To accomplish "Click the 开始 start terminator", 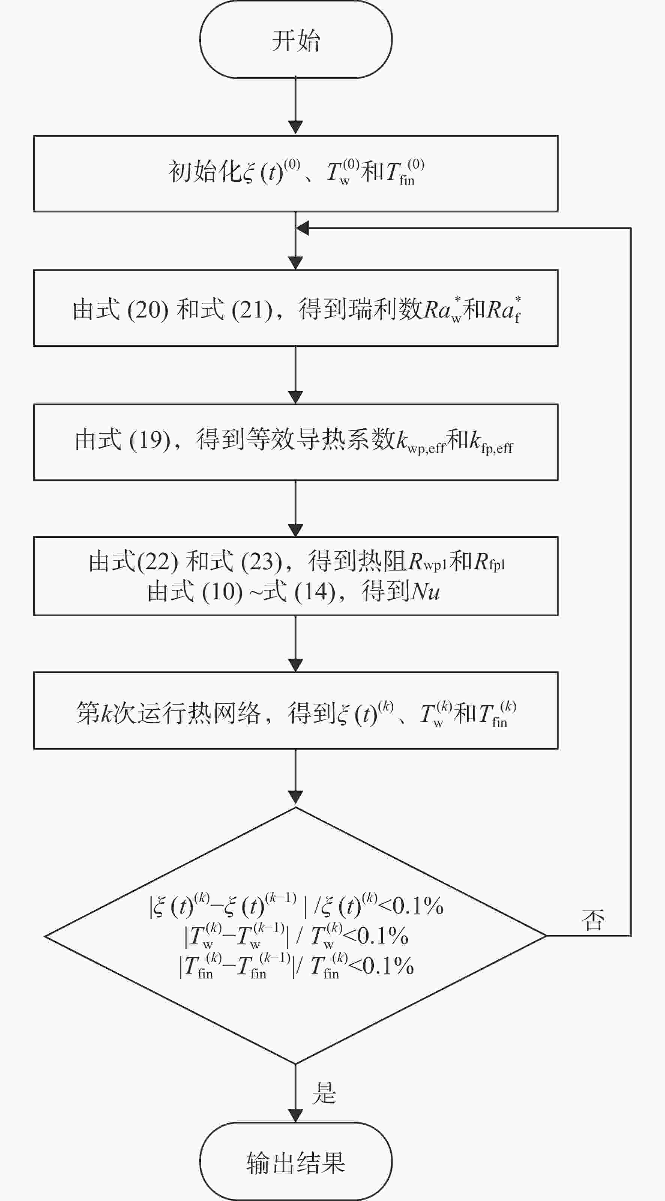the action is point(296,40).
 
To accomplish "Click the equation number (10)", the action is point(223,591).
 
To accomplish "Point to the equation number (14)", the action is point(315,591).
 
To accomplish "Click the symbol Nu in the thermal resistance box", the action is point(425,591).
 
